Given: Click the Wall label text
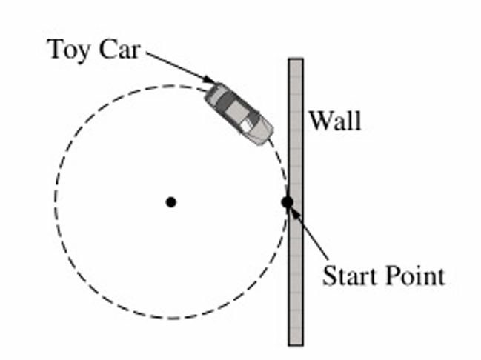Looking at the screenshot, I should pyautogui.click(x=335, y=120).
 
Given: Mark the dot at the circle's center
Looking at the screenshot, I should pyautogui.click(x=170, y=201).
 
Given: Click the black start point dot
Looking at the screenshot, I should pyautogui.click(x=288, y=201).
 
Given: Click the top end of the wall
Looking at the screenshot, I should pyautogui.click(x=296, y=61).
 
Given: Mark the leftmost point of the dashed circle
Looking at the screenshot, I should pyautogui.click(x=55, y=201).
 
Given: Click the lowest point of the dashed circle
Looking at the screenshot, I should pyautogui.click(x=170, y=318).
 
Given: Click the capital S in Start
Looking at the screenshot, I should pyautogui.click(x=328, y=276).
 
